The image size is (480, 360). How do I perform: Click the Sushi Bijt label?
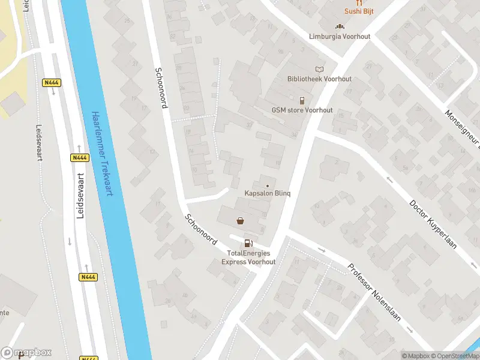tap(359, 11)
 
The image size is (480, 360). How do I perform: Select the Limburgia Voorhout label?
tap(340, 37)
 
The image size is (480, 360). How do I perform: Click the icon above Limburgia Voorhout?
tap(340, 26)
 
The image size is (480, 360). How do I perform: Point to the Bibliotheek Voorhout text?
tap(319, 79)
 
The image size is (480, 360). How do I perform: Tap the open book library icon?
tap(319, 69)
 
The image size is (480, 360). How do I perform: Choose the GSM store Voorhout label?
tap(302, 110)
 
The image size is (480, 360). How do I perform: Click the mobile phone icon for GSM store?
tap(302, 100)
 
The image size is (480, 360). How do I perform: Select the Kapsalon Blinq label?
tap(268, 193)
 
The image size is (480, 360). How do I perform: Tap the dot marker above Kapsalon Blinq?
tap(268, 185)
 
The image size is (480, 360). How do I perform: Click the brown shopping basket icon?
tap(241, 221)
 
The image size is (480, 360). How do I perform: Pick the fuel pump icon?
tap(248, 243)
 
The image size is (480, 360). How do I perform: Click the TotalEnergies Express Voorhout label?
tap(248, 257)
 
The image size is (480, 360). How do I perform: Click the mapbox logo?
tap(26, 353)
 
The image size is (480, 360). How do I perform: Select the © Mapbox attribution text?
tap(416, 356)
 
